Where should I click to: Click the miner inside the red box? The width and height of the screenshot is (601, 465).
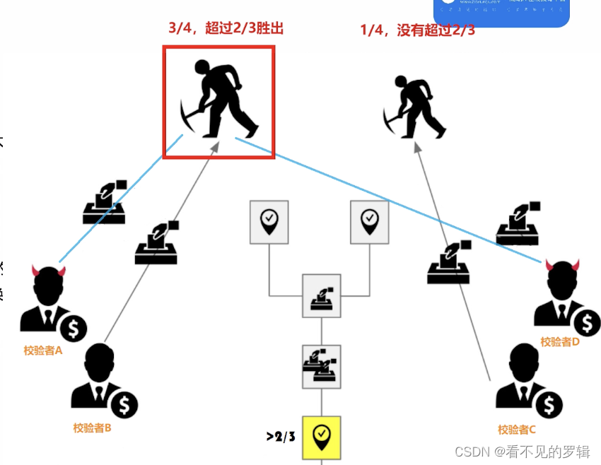[218, 100]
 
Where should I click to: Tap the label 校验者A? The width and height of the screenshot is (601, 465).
[42, 350]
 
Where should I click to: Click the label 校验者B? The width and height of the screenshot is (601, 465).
[93, 427]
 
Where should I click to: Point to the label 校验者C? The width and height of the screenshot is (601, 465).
[517, 429]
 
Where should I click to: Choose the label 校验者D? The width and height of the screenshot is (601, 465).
[560, 341]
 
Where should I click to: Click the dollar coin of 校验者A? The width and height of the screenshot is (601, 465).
[73, 327]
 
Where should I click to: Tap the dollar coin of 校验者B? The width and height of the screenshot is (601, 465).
[125, 404]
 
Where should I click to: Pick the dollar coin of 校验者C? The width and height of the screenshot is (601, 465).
[549, 404]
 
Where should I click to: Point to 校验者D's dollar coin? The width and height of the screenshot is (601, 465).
[586, 323]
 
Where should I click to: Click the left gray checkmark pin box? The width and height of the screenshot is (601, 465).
[269, 221]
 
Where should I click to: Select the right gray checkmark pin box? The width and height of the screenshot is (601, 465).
[370, 221]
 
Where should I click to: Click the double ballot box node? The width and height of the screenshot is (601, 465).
[322, 366]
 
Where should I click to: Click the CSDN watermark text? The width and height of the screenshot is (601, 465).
[521, 451]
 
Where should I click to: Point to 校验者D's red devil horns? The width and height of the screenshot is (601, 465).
[563, 265]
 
